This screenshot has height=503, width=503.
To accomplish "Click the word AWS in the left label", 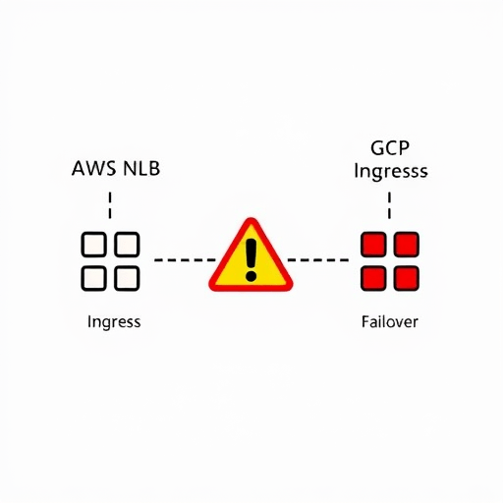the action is (x=93, y=168).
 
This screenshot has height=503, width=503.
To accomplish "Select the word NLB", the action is (x=141, y=168).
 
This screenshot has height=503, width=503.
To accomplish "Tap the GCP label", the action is (x=390, y=147).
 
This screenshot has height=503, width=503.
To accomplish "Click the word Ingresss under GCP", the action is (x=391, y=172).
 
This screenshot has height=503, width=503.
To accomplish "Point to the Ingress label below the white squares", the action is (x=114, y=322).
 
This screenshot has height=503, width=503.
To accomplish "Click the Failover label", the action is (x=390, y=322).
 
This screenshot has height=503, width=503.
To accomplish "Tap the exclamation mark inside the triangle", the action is (x=251, y=260).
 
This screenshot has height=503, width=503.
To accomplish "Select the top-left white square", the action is (x=93, y=245).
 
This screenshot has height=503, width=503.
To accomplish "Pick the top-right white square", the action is (x=127, y=245).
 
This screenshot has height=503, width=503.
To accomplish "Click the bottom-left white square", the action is (x=93, y=278).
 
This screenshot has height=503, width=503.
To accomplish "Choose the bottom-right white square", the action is (x=127, y=278).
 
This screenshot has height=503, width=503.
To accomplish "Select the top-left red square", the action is (x=373, y=245).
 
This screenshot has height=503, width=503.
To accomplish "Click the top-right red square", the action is (x=407, y=245).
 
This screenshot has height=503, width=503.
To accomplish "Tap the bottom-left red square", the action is (x=373, y=278).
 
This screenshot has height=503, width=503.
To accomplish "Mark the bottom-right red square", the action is (x=407, y=278).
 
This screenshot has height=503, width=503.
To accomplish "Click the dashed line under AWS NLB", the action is (x=110, y=205).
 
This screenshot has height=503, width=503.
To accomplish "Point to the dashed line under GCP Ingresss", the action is (x=389, y=205).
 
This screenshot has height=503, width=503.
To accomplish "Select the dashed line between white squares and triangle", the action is (x=185, y=260).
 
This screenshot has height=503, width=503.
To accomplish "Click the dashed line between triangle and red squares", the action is (x=318, y=260).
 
